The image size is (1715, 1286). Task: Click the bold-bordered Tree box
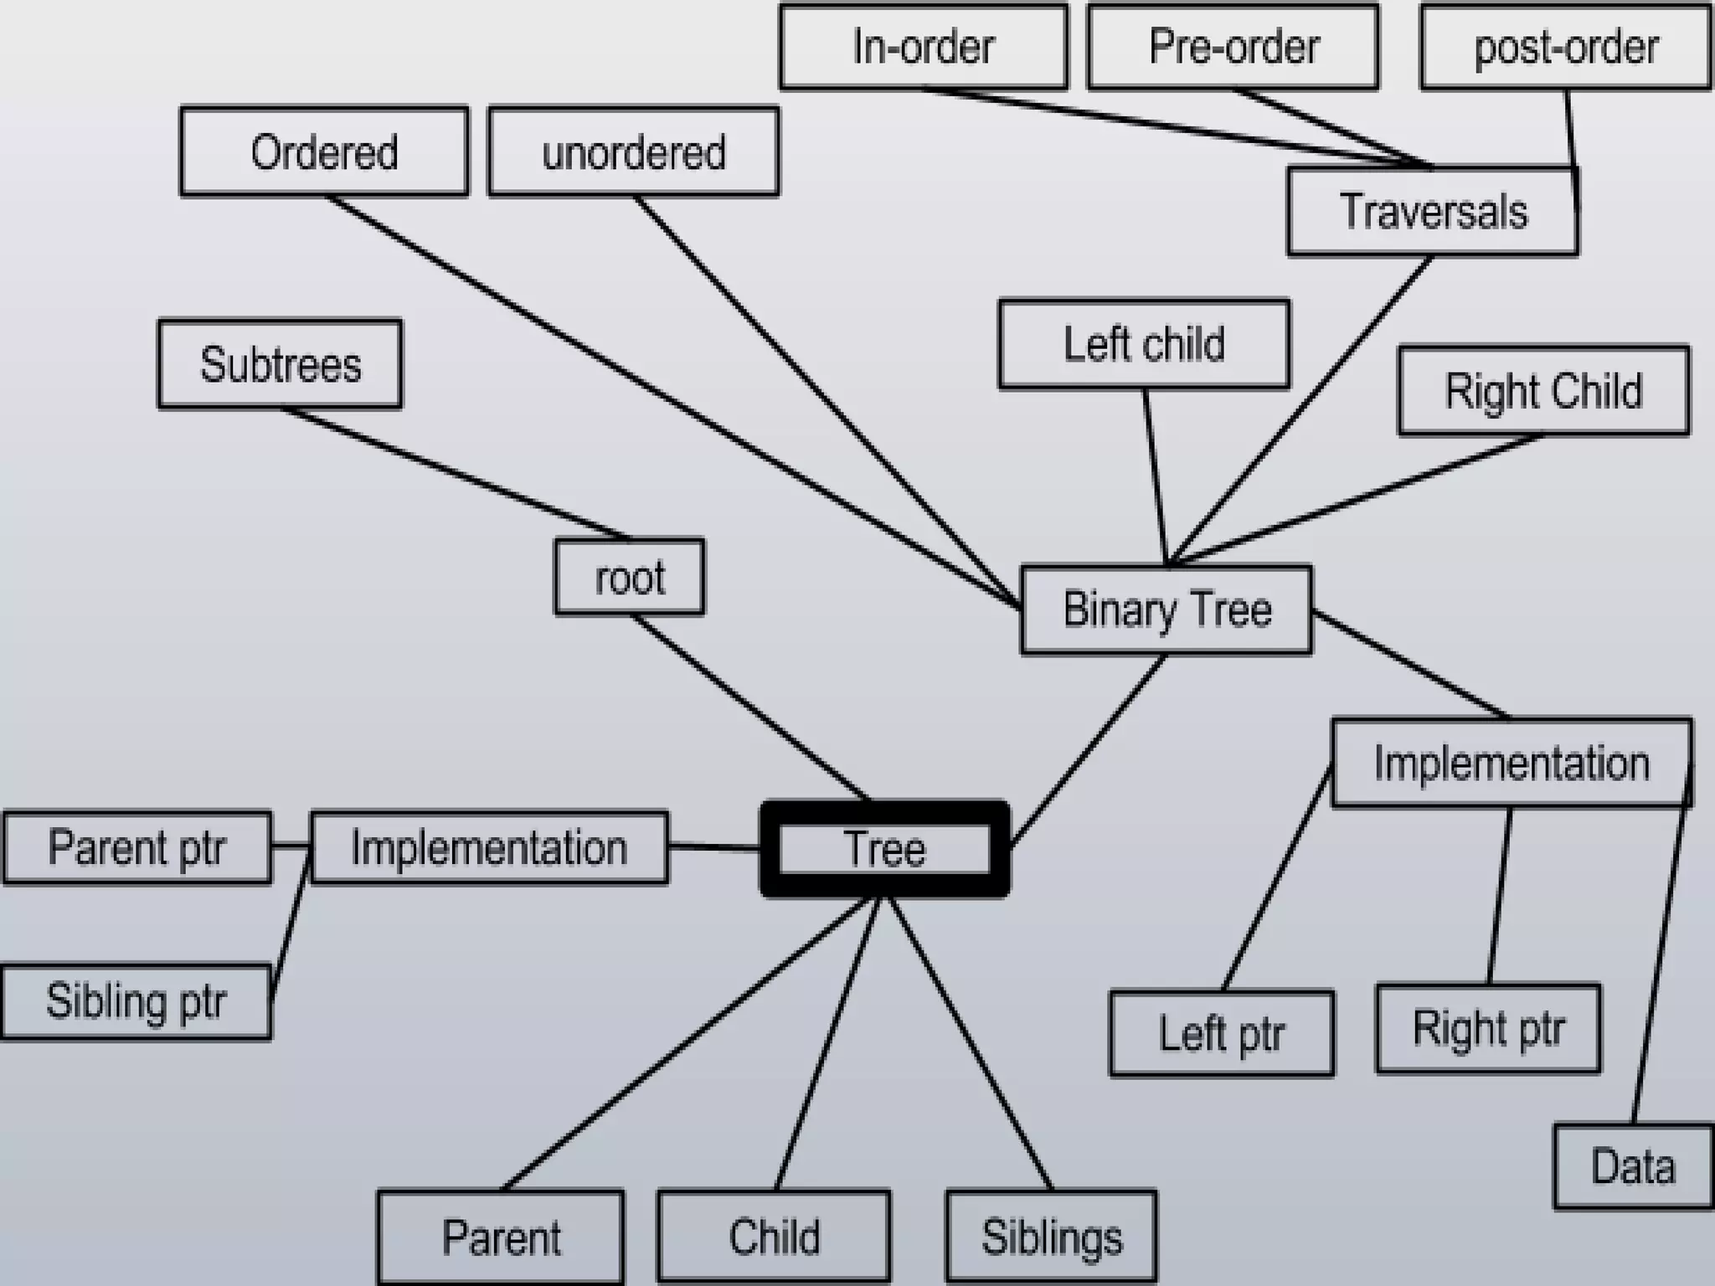click(884, 849)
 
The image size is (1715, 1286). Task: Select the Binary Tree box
click(1167, 610)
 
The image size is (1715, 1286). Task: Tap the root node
click(629, 578)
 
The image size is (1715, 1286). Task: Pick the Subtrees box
click(280, 364)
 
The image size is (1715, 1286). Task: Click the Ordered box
click(324, 152)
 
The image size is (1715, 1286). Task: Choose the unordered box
click(633, 152)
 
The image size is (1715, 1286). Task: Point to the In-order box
click(923, 46)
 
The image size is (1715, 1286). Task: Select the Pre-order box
click(1233, 46)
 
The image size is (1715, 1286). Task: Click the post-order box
click(1565, 46)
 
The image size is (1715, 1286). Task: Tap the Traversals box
click(1433, 211)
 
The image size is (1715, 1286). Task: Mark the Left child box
click(1144, 344)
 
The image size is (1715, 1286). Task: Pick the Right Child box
click(1543, 391)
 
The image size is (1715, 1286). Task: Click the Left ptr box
click(1221, 1033)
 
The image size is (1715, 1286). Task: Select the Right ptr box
click(1488, 1028)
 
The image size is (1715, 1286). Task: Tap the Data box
click(1633, 1167)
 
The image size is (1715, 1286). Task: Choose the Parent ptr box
click(136, 847)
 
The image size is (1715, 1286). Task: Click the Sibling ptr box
click(136, 1002)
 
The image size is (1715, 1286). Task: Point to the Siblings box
click(1051, 1237)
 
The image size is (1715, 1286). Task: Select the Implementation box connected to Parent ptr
click(489, 847)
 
